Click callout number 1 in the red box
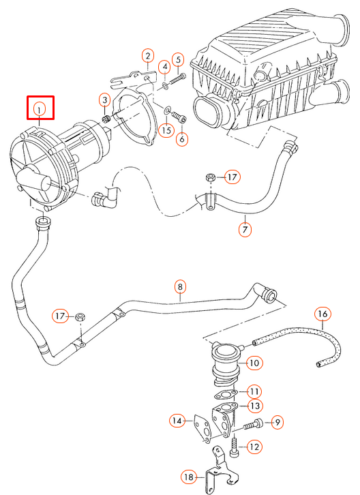pos(40,108)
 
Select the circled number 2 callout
pos(148,56)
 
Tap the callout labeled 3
pos(104,100)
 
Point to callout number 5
pos(178,60)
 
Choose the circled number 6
pos(181,138)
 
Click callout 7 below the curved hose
pos(245,229)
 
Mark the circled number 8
pos(180,287)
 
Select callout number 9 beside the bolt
pos(277,423)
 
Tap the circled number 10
pos(254,363)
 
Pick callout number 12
pos(254,447)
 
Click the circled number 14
pos(177,421)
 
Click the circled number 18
pos(189,476)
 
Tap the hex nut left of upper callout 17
pos(211,178)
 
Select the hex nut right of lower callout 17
pos(80,316)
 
